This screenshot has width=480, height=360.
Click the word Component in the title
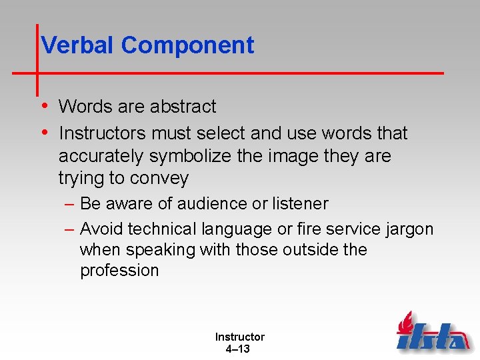187,45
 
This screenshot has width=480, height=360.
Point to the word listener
297,203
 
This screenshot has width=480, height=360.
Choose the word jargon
410,230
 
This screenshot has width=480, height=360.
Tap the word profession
119,271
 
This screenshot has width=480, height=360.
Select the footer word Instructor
239,337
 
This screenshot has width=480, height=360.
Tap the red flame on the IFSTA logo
404,323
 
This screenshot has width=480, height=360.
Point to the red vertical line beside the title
37,60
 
